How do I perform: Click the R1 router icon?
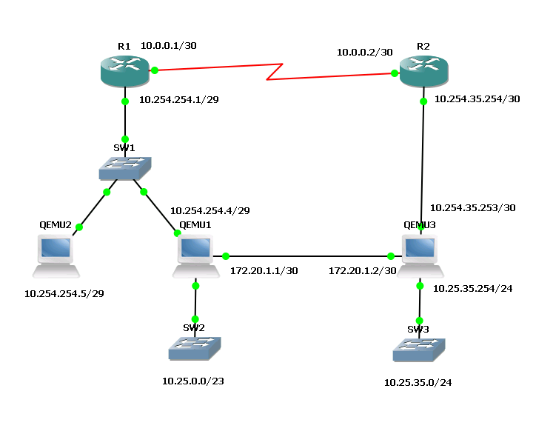click(x=124, y=71)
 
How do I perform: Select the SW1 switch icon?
click(x=125, y=168)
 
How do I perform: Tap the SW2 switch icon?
click(x=195, y=348)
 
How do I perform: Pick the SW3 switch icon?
click(x=420, y=349)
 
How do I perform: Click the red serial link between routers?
click(x=274, y=72)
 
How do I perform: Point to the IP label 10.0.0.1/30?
click(x=169, y=46)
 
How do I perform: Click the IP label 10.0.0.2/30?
click(x=364, y=52)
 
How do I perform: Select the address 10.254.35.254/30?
click(x=477, y=98)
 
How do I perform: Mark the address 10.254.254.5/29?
click(x=64, y=293)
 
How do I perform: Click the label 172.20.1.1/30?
click(x=264, y=270)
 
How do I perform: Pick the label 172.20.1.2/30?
click(x=363, y=270)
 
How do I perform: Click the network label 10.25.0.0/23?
click(x=192, y=381)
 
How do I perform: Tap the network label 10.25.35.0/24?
click(x=418, y=383)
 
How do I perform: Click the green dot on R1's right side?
click(x=155, y=70)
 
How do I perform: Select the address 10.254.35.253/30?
click(x=472, y=208)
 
